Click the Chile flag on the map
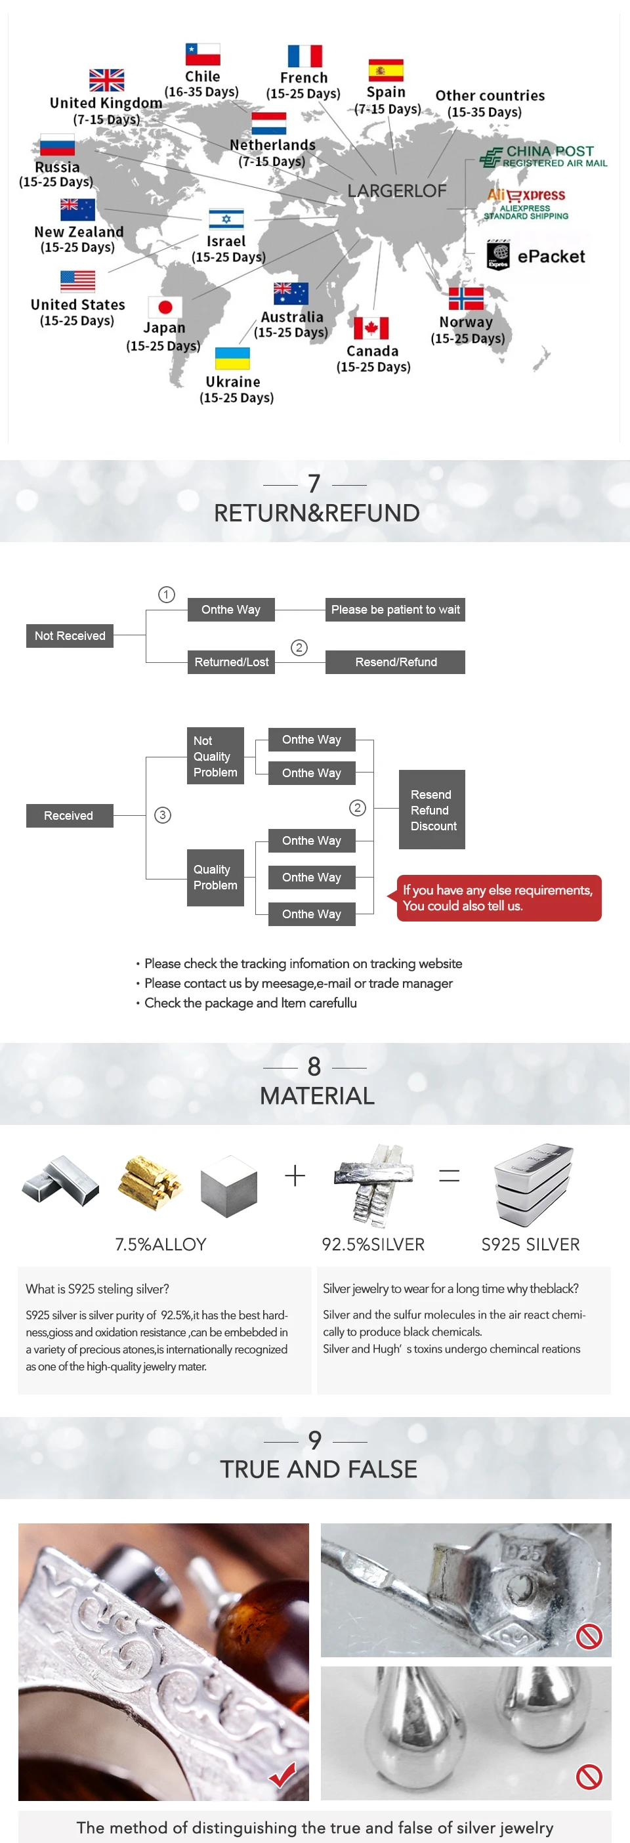pyautogui.click(x=202, y=54)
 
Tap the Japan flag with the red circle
pyautogui.click(x=165, y=307)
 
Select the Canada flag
pyautogui.click(x=371, y=328)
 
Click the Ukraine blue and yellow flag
pyautogui.click(x=232, y=358)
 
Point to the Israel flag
pyautogui.click(x=226, y=218)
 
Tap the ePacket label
pyautogui.click(x=550, y=256)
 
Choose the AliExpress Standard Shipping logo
pyautogui.click(x=526, y=203)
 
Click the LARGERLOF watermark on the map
pyautogui.click(x=397, y=191)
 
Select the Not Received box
pyautogui.click(x=70, y=635)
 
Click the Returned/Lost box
pyautogui.click(x=231, y=662)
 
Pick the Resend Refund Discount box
pyautogui.click(x=431, y=810)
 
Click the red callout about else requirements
pyautogui.click(x=499, y=898)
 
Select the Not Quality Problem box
pyautogui.click(x=215, y=756)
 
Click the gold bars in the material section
pyautogui.click(x=150, y=1182)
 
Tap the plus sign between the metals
pyautogui.click(x=295, y=1176)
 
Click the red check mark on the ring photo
pyautogui.click(x=283, y=1774)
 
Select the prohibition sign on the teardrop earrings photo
pyautogui.click(x=589, y=1777)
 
